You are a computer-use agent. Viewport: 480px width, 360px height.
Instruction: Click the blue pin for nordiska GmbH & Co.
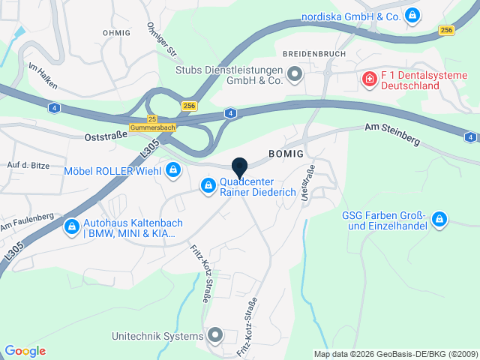point(412,15)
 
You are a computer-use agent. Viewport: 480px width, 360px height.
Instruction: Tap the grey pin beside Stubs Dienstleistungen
point(294,73)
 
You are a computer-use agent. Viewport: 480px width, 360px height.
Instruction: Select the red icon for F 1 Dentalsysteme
point(369,79)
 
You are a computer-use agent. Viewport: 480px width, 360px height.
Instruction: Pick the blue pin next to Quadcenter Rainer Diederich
point(208,185)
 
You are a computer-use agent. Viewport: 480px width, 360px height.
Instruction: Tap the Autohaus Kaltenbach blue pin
point(72,226)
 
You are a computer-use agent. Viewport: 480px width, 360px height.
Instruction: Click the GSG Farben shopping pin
point(439,220)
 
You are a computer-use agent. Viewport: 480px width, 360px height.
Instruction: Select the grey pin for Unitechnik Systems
point(215,335)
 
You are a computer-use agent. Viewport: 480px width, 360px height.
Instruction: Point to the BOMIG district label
point(286,153)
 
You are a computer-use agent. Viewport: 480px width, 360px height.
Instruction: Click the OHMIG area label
point(116,33)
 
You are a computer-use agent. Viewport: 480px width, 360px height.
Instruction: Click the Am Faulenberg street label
point(26,222)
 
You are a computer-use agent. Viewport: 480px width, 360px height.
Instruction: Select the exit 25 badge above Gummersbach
point(152,119)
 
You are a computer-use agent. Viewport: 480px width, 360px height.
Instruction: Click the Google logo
point(25,351)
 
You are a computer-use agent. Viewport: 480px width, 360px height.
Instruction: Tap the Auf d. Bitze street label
point(27,164)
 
